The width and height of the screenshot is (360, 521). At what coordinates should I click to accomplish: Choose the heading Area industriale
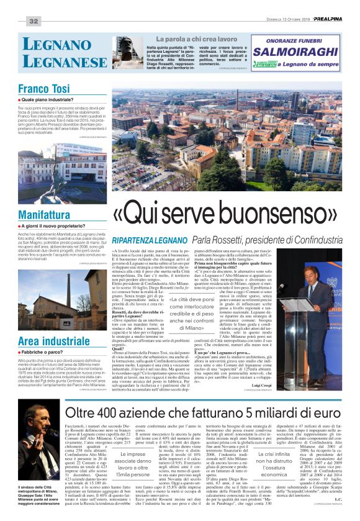(53, 341)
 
